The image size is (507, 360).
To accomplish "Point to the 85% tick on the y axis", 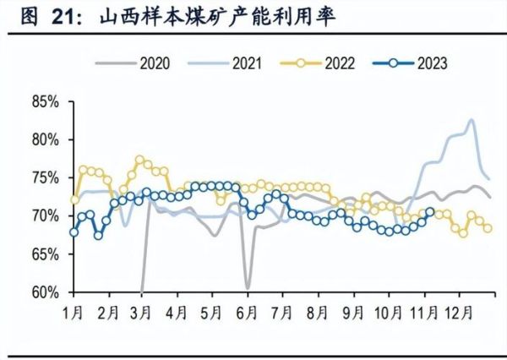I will coord(45,102).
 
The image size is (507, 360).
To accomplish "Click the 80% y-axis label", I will coord(45,140).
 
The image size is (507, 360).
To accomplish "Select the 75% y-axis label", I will coord(45,178).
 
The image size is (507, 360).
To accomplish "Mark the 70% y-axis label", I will coord(45,216).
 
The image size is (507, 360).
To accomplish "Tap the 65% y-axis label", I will coord(45,254).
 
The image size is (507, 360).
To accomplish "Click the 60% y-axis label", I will coord(45,292).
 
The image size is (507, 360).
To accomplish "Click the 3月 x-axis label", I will coord(141,313).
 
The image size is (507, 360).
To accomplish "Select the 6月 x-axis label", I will coord(247,313).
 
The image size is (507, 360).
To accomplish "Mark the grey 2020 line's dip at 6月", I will coord(248,288).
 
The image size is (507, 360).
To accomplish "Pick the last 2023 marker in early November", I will coord(430,212).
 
